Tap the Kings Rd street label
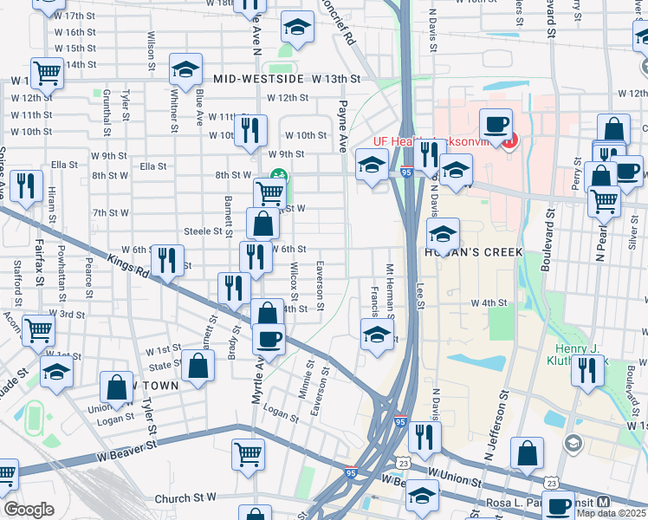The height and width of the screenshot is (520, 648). click(127, 264)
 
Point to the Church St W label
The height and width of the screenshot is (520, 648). click(185, 498)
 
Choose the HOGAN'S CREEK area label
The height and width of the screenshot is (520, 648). click(473, 252)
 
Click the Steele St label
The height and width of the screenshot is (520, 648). click(204, 231)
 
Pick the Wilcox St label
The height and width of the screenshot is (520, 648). click(295, 281)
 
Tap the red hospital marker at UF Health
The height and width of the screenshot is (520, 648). click(511, 139)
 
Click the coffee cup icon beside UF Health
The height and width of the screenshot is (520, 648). click(496, 124)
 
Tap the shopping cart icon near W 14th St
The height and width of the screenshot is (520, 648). click(47, 72)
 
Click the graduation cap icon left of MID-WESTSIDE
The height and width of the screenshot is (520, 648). click(185, 68)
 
